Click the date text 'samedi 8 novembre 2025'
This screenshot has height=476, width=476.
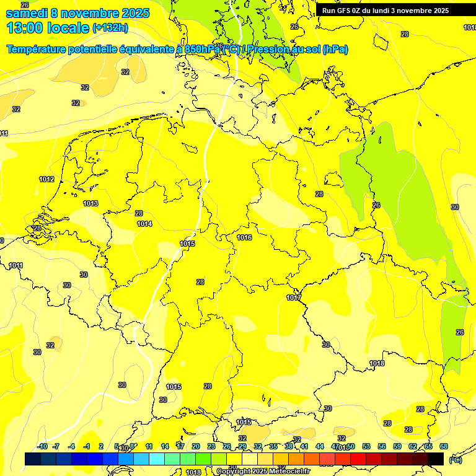pyautogui.click(x=77, y=12)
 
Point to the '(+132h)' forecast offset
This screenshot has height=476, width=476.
pyautogui.click(x=110, y=27)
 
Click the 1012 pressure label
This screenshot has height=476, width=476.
pyautogui.click(x=46, y=180)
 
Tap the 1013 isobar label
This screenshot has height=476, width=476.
pyautogui.click(x=90, y=203)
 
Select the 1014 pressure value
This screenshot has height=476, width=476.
pyautogui.click(x=144, y=224)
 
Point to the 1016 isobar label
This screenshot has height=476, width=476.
pyautogui.click(x=244, y=237)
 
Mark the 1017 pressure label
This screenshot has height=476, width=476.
pyautogui.click(x=294, y=298)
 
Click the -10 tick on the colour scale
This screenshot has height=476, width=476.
pyautogui.click(x=42, y=446)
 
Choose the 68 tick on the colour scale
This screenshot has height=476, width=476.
pyautogui.click(x=444, y=446)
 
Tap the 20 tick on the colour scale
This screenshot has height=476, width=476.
pyautogui.click(x=195, y=446)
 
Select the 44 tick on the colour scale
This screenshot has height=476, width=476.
pyautogui.click(x=320, y=446)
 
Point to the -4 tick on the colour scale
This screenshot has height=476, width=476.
pyautogui.click(x=71, y=446)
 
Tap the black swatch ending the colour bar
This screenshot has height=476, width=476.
pyautogui.click(x=436, y=459)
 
